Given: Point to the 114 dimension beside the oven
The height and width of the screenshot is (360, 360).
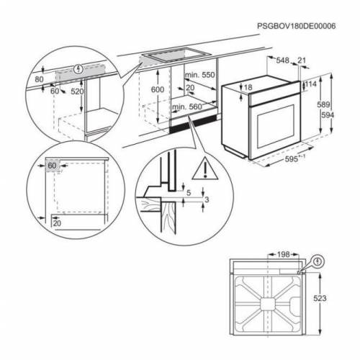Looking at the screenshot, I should point(311,84).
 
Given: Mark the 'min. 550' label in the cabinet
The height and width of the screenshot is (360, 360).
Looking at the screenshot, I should point(201,75).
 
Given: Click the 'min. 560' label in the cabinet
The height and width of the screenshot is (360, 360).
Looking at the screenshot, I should point(186,107).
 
